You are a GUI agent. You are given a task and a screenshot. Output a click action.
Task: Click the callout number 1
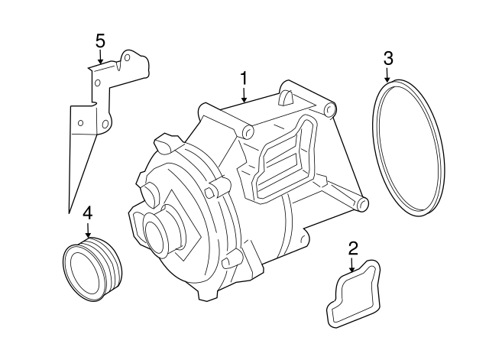point(244,78)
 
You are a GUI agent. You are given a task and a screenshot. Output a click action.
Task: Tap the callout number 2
point(352,247)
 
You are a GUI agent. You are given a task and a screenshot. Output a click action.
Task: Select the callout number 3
point(388,58)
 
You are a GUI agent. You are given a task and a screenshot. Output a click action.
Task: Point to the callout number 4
point(87,212)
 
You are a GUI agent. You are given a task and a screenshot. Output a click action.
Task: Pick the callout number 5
point(99,40)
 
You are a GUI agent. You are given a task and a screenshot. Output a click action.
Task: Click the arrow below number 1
point(244,95)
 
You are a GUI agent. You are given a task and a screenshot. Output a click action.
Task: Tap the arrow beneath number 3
point(388,75)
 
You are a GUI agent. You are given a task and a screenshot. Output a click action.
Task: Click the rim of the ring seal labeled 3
point(441,153)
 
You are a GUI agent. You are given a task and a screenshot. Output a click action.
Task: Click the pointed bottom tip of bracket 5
point(69,209)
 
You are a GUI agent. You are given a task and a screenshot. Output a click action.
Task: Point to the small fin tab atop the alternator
point(286,96)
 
